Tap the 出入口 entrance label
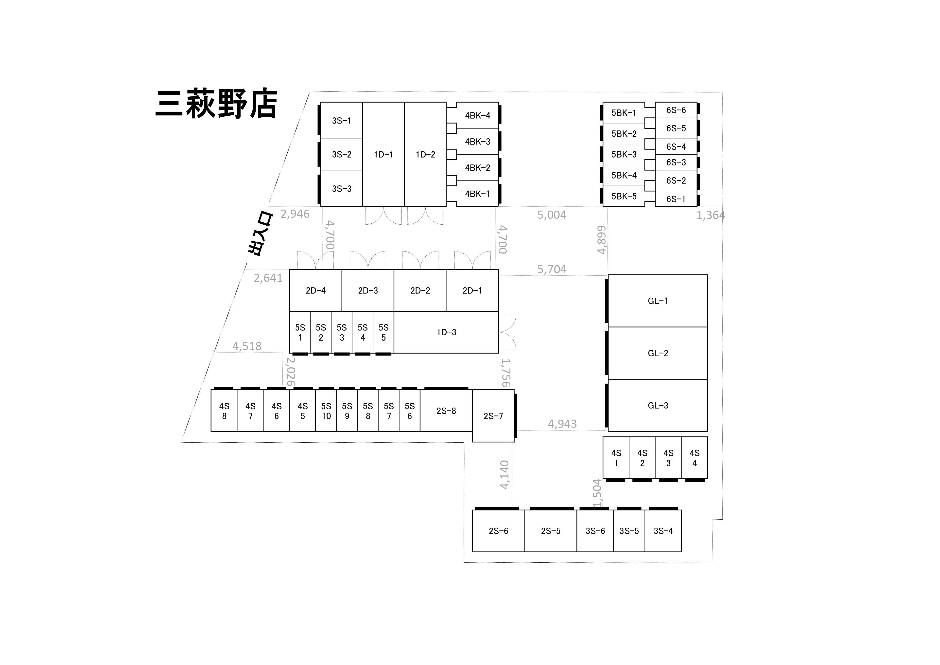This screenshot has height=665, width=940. pyautogui.click(x=260, y=234)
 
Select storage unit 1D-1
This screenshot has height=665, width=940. pyautogui.click(x=383, y=154)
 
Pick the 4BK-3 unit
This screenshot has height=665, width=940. pyautogui.click(x=477, y=141)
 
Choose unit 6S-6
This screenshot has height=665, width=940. pyautogui.click(x=676, y=110)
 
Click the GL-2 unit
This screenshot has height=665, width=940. pyautogui.click(x=658, y=353)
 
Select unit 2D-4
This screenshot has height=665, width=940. pyautogui.click(x=316, y=290)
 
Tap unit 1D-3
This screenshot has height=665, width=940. pyautogui.click(x=446, y=332)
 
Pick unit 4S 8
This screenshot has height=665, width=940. pyautogui.click(x=224, y=411)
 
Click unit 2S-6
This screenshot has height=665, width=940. pyautogui.click(x=498, y=531)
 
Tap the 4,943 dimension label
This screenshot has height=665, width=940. pyautogui.click(x=562, y=424)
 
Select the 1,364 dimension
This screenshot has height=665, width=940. pyautogui.click(x=711, y=215)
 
